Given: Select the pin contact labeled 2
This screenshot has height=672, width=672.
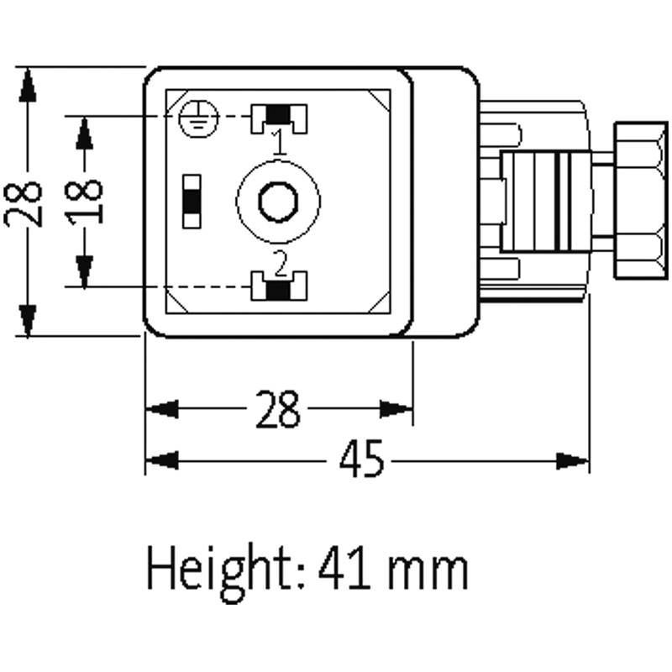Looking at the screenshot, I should pos(278,287).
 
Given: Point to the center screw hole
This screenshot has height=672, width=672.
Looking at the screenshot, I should pos(277,202).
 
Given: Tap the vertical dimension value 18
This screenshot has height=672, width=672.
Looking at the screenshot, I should pos(85,200).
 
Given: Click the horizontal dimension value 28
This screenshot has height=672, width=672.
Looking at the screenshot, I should pos(276,410).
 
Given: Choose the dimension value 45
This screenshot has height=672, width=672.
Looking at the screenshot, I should pos(362,461).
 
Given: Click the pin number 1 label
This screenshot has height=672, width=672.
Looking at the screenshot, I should pos(279,141).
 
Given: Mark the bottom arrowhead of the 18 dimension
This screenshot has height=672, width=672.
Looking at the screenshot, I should pos(84,270).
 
